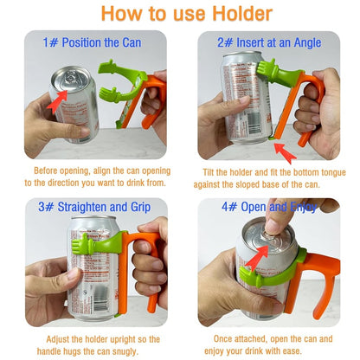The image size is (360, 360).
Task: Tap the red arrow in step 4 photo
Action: (x=255, y=257)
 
